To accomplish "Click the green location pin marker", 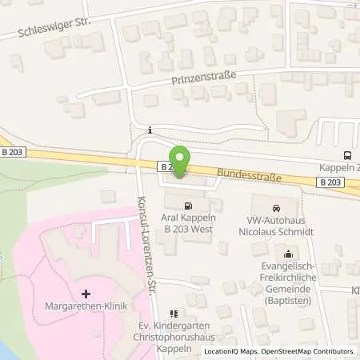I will click(x=181, y=162).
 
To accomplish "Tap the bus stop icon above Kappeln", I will click(x=346, y=156).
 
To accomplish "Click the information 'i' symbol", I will click(x=150, y=130).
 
